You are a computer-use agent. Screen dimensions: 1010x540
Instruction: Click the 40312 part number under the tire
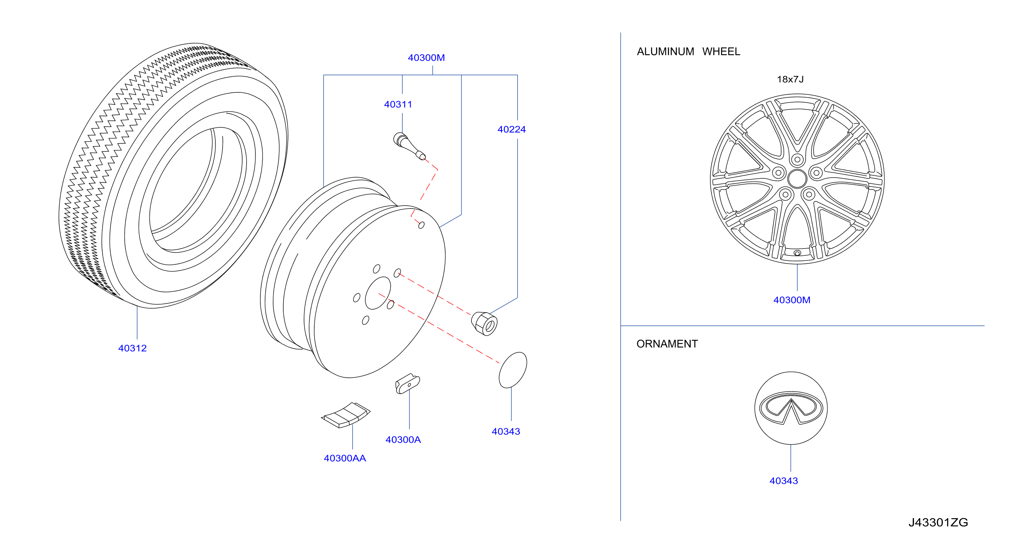point(132,348)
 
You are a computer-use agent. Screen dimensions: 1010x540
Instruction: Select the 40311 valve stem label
point(398,104)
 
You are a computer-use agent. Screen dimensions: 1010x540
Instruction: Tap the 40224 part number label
point(512,130)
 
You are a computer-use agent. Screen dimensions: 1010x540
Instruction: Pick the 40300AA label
point(345,458)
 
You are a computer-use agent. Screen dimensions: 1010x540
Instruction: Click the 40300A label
point(403,440)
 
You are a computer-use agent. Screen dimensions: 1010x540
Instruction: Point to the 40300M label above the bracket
point(426,57)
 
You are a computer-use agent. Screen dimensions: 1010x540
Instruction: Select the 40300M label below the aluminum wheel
point(792,300)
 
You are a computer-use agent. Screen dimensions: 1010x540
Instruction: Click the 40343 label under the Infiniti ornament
point(783,481)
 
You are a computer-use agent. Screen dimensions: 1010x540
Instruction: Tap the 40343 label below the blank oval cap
point(506,431)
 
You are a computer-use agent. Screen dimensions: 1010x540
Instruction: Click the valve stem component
point(409,146)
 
